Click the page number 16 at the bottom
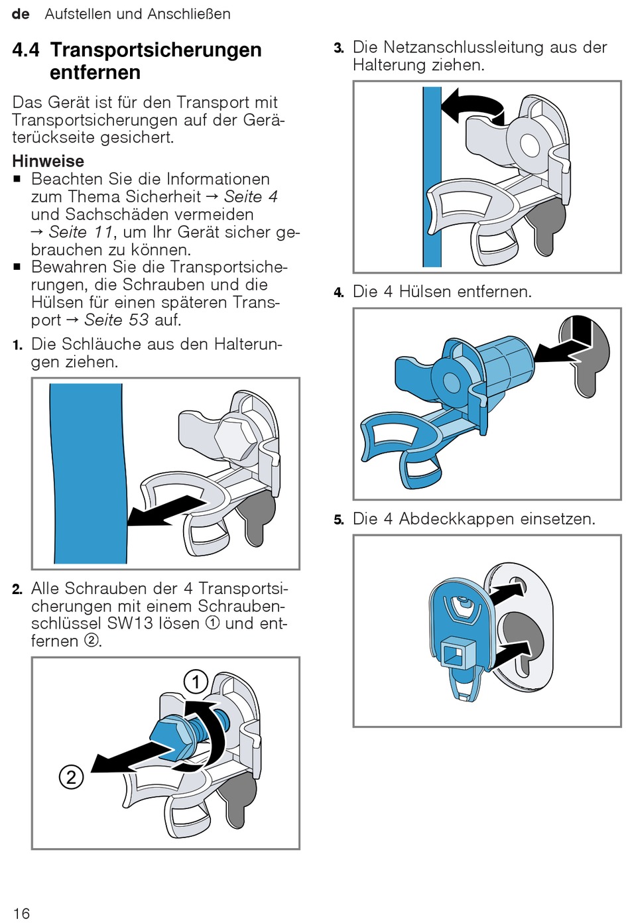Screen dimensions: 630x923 click(21, 913)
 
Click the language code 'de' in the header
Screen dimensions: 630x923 click(21, 15)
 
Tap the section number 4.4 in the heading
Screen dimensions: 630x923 click(27, 50)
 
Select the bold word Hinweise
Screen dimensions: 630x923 click(48, 161)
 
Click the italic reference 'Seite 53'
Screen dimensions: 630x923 click(116, 320)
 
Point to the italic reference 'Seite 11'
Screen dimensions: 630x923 click(80, 232)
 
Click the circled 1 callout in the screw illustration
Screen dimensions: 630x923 click(196, 682)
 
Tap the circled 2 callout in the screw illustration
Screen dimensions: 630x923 click(71, 777)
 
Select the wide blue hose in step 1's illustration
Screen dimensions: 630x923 click(88, 473)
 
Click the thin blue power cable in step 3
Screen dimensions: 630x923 click(432, 177)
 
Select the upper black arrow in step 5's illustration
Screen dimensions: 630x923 click(507, 591)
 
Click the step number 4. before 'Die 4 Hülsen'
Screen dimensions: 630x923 click(339, 293)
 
